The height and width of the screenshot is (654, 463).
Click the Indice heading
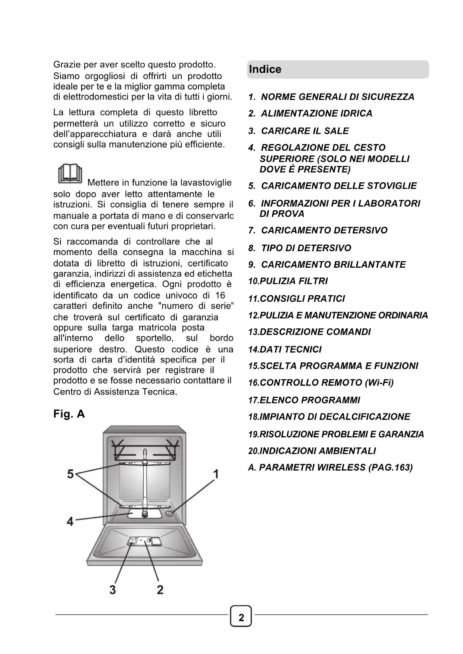(x=265, y=69)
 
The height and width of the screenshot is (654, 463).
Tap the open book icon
(x=70, y=173)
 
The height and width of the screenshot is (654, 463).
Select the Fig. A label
(x=69, y=414)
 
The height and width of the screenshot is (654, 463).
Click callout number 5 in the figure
(x=71, y=474)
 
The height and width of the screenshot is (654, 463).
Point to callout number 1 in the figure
(x=216, y=474)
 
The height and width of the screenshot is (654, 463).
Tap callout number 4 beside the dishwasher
(x=70, y=521)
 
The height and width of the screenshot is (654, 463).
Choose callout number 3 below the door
(x=113, y=589)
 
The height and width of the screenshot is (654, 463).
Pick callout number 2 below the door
(x=160, y=589)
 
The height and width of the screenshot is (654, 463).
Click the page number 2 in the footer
(x=241, y=617)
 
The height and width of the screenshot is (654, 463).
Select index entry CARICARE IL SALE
(x=305, y=131)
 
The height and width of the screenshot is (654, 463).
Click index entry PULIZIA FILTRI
(x=293, y=281)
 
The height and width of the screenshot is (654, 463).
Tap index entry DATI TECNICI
(x=290, y=349)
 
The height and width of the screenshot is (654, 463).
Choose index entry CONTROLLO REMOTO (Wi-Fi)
(x=326, y=383)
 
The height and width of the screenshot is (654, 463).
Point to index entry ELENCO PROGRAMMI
(x=310, y=400)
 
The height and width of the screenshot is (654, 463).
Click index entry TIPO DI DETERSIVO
(x=306, y=248)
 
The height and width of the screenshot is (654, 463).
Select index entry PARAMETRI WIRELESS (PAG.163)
(x=336, y=468)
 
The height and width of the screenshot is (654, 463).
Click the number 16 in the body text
(x=220, y=295)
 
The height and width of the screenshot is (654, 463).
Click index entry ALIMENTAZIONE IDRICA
(x=316, y=113)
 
